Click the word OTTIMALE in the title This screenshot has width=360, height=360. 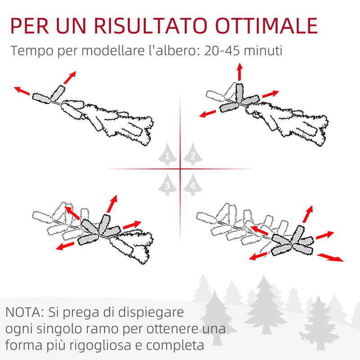tap(266, 26)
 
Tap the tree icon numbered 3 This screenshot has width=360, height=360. tap(167, 184)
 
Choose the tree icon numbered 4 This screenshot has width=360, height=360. tap(193, 184)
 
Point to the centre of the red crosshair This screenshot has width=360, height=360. tap(180, 169)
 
